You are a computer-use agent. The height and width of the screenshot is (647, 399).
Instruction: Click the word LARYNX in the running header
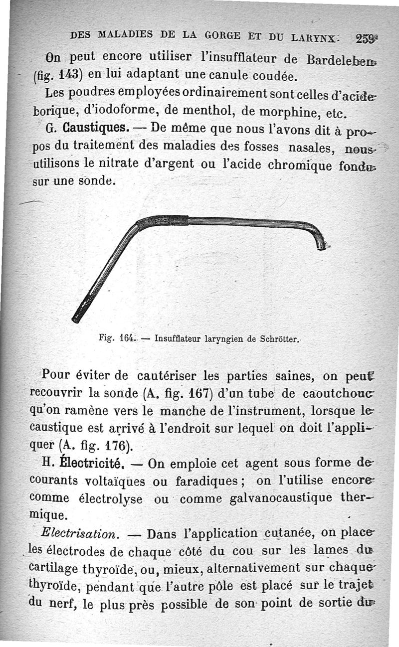pos(315,37)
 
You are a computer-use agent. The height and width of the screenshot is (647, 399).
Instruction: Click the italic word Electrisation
pos(80,532)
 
